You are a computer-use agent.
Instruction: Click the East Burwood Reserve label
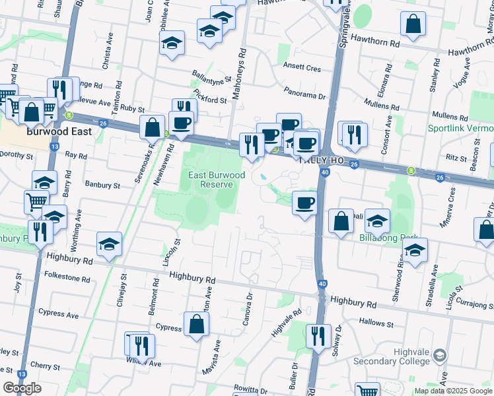click(x=217, y=180)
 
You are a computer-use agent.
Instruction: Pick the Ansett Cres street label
click(x=301, y=69)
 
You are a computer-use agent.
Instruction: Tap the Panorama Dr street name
click(x=305, y=95)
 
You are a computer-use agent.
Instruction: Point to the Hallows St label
click(x=376, y=323)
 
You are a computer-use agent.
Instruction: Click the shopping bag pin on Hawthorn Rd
click(x=413, y=24)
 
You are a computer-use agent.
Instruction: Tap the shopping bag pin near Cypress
click(x=196, y=323)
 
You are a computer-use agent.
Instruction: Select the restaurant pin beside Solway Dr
click(x=318, y=336)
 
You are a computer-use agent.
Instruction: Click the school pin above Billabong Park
click(x=377, y=220)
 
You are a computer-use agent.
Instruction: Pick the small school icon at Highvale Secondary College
click(x=439, y=357)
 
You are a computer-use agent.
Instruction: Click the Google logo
click(x=22, y=388)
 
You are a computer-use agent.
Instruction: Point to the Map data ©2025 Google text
click(x=453, y=391)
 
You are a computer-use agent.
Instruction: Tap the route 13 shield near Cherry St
click(x=22, y=373)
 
